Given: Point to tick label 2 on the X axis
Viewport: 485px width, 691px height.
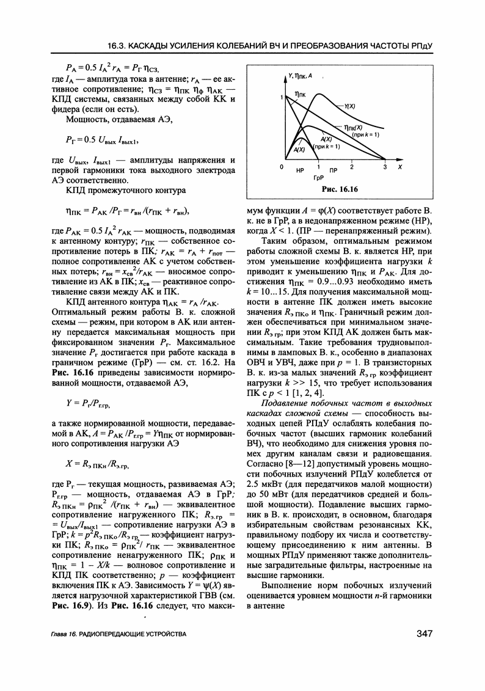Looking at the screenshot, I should coord(352,167).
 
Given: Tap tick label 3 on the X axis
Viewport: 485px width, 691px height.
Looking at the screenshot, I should coord(385,167).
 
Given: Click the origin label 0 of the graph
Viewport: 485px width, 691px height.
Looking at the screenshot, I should coord(282,167).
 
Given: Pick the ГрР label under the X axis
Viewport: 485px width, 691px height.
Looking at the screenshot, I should coord(318,178).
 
